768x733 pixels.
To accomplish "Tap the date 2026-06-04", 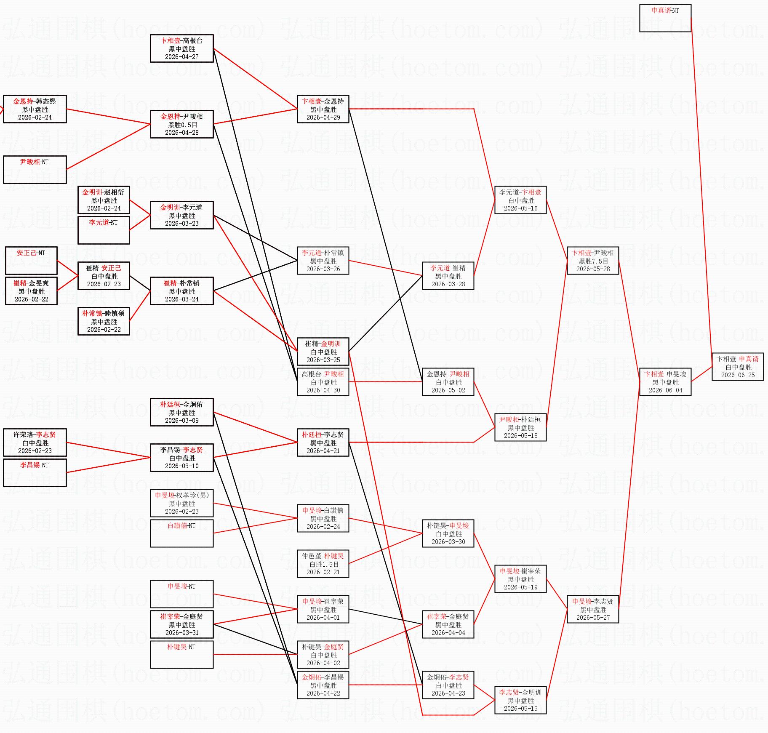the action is [x=665, y=390].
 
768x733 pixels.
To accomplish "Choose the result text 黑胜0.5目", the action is [x=182, y=125].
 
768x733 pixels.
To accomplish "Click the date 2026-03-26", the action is [x=323, y=269].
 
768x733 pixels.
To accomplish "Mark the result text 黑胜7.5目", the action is [x=593, y=261].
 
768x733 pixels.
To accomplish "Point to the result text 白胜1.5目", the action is [x=323, y=564].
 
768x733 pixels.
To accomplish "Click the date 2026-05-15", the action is [x=520, y=709].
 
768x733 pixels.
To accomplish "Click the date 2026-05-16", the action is [x=520, y=208].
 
